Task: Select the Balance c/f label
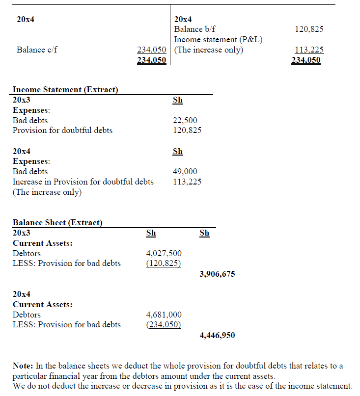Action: coord(37,50)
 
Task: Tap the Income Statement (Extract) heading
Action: coord(65,89)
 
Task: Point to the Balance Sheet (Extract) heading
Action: coord(57,223)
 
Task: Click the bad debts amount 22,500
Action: coord(186,120)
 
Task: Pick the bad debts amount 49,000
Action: coord(186,171)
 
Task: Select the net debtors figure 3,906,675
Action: coord(217,274)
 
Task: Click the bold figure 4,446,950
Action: coord(217,336)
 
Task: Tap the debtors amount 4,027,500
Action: coord(164,253)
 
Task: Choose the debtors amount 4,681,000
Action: coord(164,315)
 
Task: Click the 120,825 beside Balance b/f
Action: coord(309,29)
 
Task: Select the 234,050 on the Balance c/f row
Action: coord(151,50)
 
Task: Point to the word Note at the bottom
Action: coord(22,366)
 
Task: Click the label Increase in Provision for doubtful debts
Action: coord(83,182)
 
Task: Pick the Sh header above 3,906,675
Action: coord(205,233)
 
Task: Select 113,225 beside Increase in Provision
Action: coord(187,182)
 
